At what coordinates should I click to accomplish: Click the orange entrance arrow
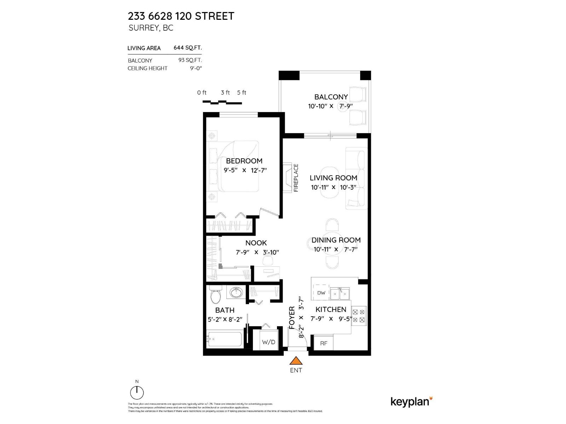coord(296,361)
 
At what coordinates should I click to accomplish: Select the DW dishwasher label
coord(321,293)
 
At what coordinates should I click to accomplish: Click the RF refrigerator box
coord(324,343)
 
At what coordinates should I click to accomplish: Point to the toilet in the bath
coord(215,296)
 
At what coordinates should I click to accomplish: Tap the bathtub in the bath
coord(225,339)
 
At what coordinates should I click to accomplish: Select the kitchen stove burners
coord(358,316)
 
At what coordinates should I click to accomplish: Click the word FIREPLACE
coord(296,178)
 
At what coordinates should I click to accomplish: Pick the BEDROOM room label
coord(244,161)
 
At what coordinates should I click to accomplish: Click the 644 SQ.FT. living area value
coord(187,48)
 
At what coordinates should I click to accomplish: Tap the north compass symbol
coord(137,392)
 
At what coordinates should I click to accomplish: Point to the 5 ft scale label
coord(242,93)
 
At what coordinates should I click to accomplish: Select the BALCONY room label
coord(331,97)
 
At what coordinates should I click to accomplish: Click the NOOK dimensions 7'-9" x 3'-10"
coord(257,252)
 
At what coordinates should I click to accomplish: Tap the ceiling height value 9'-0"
coord(196,69)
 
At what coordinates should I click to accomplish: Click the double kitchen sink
coord(340,293)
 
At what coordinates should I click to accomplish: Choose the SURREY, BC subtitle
coord(151,28)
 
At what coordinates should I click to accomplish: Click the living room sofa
coord(356,178)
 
